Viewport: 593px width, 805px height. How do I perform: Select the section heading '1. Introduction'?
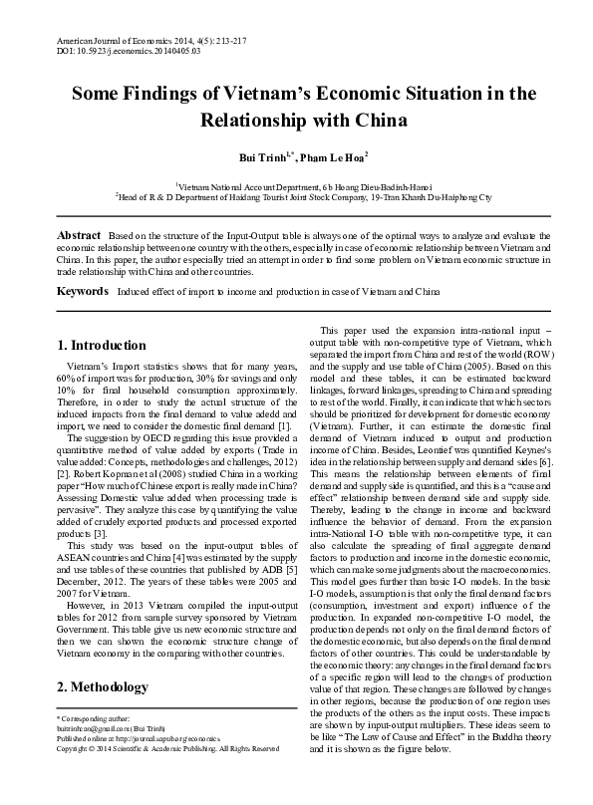tap(102, 346)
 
